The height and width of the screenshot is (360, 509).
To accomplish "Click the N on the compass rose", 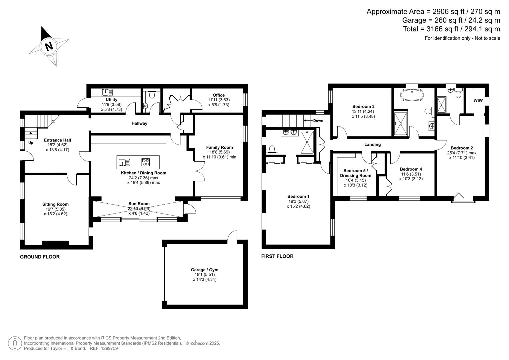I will click(x=49, y=46).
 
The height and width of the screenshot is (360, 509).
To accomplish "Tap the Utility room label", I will click(x=111, y=100).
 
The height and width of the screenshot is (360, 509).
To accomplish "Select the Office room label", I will click(x=219, y=95).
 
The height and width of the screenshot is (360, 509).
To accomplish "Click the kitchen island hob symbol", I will click(x=146, y=162).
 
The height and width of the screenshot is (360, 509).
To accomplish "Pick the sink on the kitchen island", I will click(x=125, y=163).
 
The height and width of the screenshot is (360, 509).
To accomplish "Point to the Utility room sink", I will click(x=107, y=92).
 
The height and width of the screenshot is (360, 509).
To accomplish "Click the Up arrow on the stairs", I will click(x=31, y=136).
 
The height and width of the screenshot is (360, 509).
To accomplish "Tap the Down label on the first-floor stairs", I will click(x=318, y=121).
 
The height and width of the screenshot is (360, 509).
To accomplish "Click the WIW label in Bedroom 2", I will click(x=478, y=100).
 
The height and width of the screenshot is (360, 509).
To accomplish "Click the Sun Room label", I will click(x=139, y=204).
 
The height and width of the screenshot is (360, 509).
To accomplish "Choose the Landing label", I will click(x=372, y=145).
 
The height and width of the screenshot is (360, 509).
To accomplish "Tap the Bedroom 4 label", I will click(x=411, y=169).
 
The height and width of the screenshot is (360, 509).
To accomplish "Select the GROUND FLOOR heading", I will click(x=40, y=257).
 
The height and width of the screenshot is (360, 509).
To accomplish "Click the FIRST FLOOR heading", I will click(x=277, y=256).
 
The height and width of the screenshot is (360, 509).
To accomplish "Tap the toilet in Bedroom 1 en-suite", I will click(x=273, y=149).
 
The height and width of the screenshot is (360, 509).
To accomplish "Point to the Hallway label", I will click(x=139, y=123).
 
